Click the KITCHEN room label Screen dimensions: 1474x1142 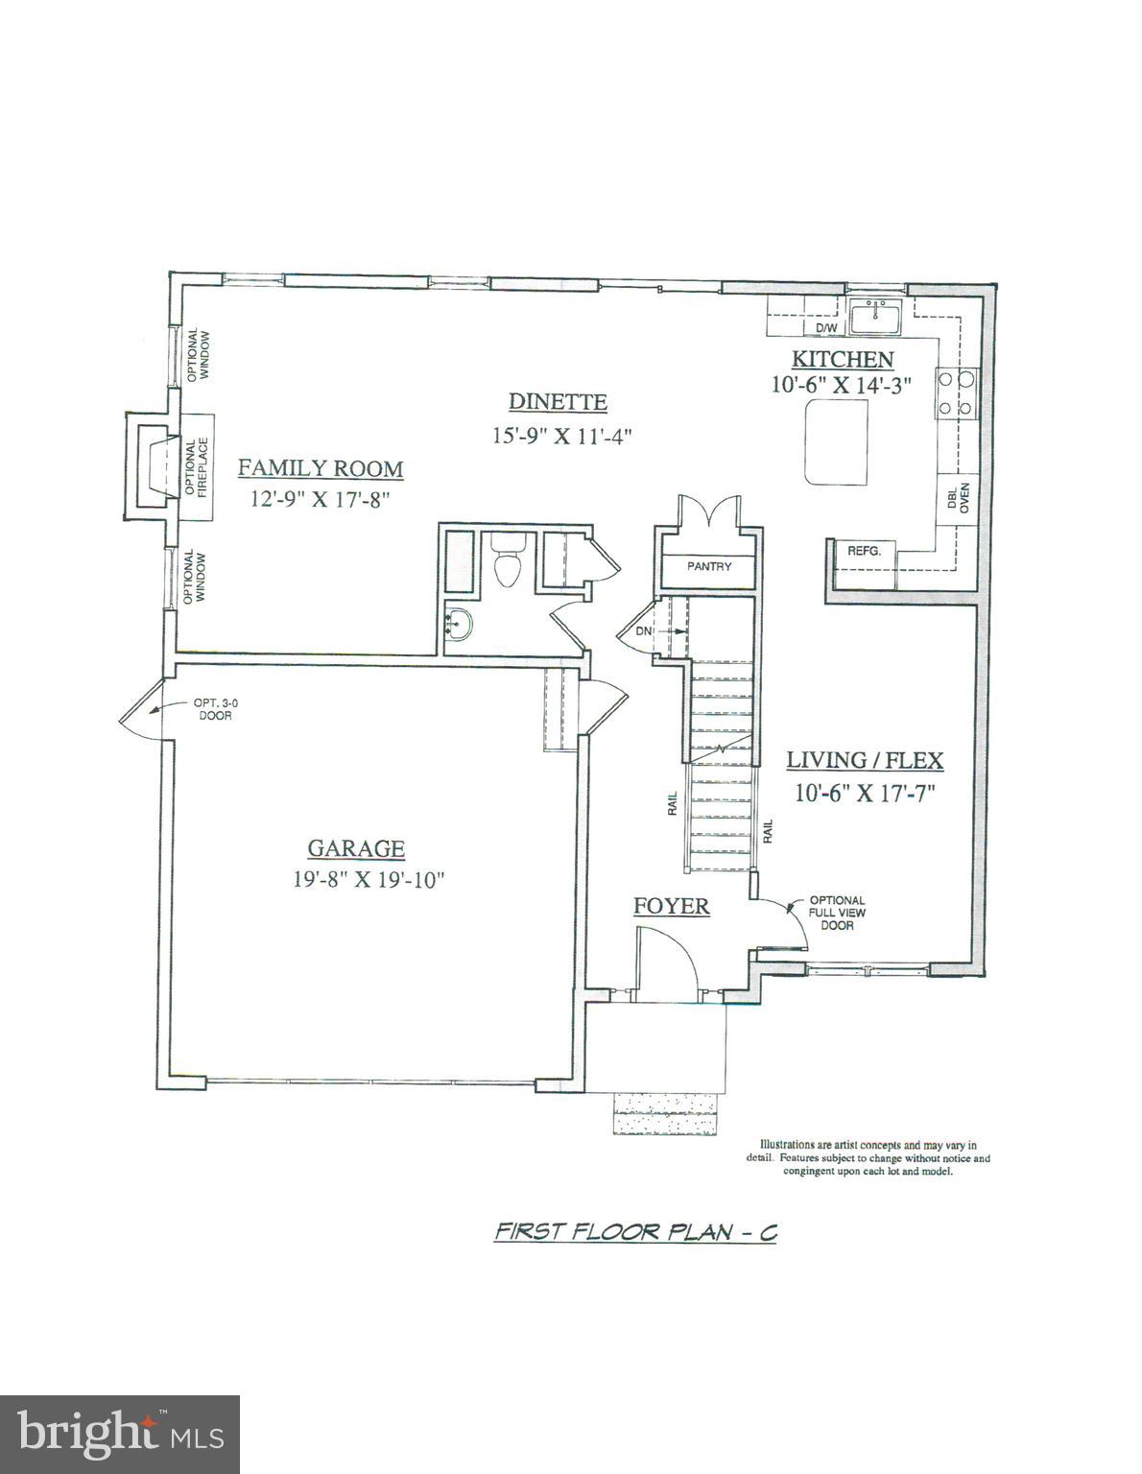[842, 360]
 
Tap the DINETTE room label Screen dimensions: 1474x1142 [558, 402]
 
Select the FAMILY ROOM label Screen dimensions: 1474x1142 [321, 468]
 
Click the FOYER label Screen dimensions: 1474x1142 [672, 906]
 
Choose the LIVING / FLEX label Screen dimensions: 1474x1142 [865, 761]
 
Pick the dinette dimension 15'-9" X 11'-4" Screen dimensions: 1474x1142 [562, 435]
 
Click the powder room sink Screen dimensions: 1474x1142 [460, 625]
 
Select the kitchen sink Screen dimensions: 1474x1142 [874, 317]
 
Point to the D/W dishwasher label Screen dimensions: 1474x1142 [826, 328]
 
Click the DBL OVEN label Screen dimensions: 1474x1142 [958, 500]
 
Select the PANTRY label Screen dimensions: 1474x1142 [709, 566]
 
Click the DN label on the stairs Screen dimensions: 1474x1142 [643, 631]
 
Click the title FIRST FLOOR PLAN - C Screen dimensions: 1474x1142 [634, 1232]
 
